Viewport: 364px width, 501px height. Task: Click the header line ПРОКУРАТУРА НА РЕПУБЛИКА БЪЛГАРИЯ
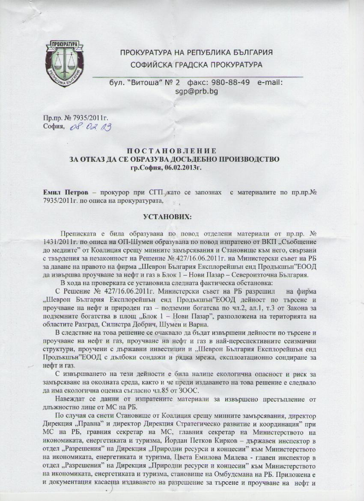pos(197,53)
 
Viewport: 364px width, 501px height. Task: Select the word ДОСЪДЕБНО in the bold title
pos(180,159)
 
